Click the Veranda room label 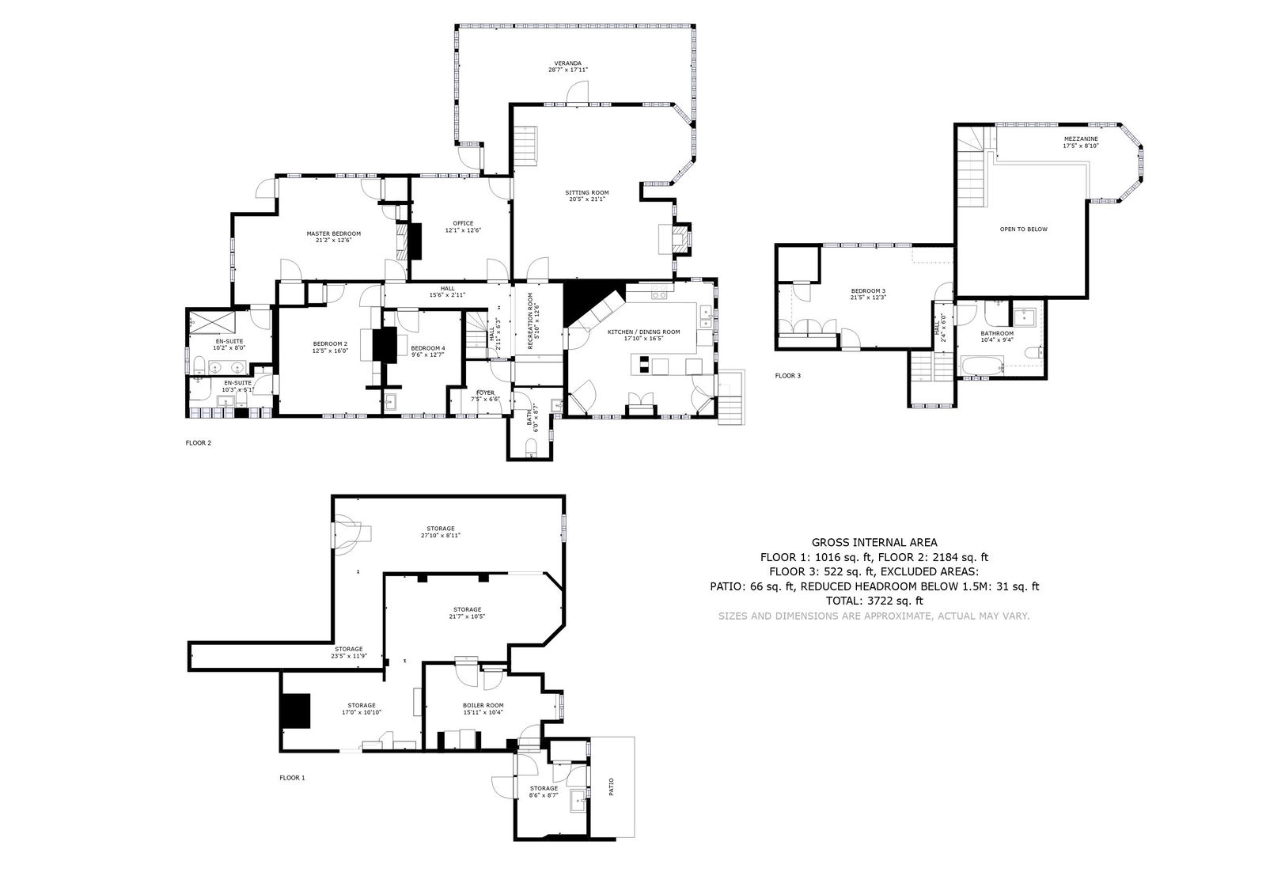[567, 66]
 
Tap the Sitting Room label [586, 195]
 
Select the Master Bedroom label [333, 237]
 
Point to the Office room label [463, 226]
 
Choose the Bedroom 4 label [427, 351]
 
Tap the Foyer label [484, 395]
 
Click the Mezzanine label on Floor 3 [1080, 142]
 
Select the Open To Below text [1023, 229]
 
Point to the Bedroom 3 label [868, 294]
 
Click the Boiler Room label [483, 708]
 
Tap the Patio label [612, 787]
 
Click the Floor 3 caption [787, 376]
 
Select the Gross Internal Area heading [874, 543]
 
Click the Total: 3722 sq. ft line [874, 601]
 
